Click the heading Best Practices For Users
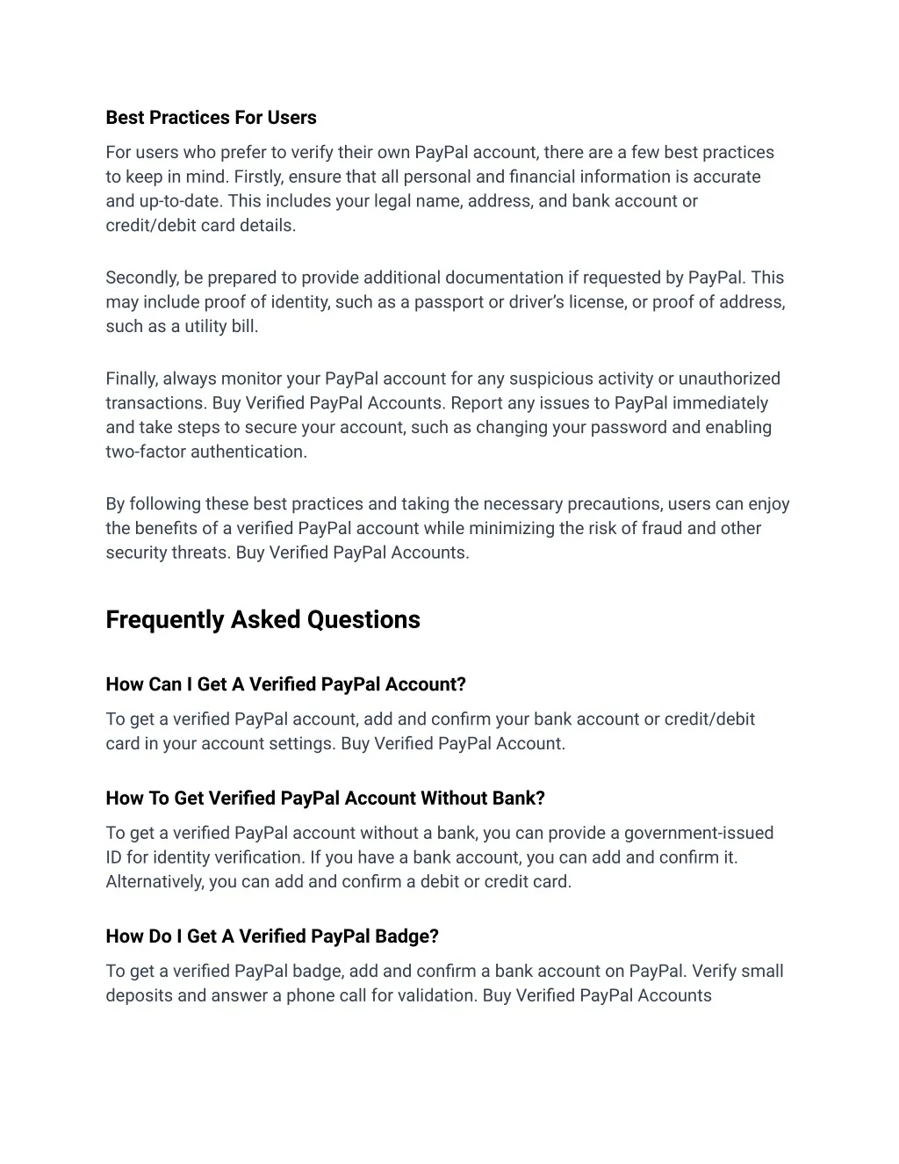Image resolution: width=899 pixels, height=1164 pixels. [211, 118]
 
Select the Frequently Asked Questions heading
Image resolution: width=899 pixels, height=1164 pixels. [263, 619]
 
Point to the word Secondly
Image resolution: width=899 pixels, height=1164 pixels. [142, 278]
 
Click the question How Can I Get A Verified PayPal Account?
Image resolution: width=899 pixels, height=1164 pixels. [285, 684]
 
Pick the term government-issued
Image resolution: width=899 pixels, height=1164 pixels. [699, 833]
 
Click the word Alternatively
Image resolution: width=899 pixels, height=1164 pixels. [155, 881]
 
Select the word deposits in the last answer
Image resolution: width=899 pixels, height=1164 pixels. [139, 995]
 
